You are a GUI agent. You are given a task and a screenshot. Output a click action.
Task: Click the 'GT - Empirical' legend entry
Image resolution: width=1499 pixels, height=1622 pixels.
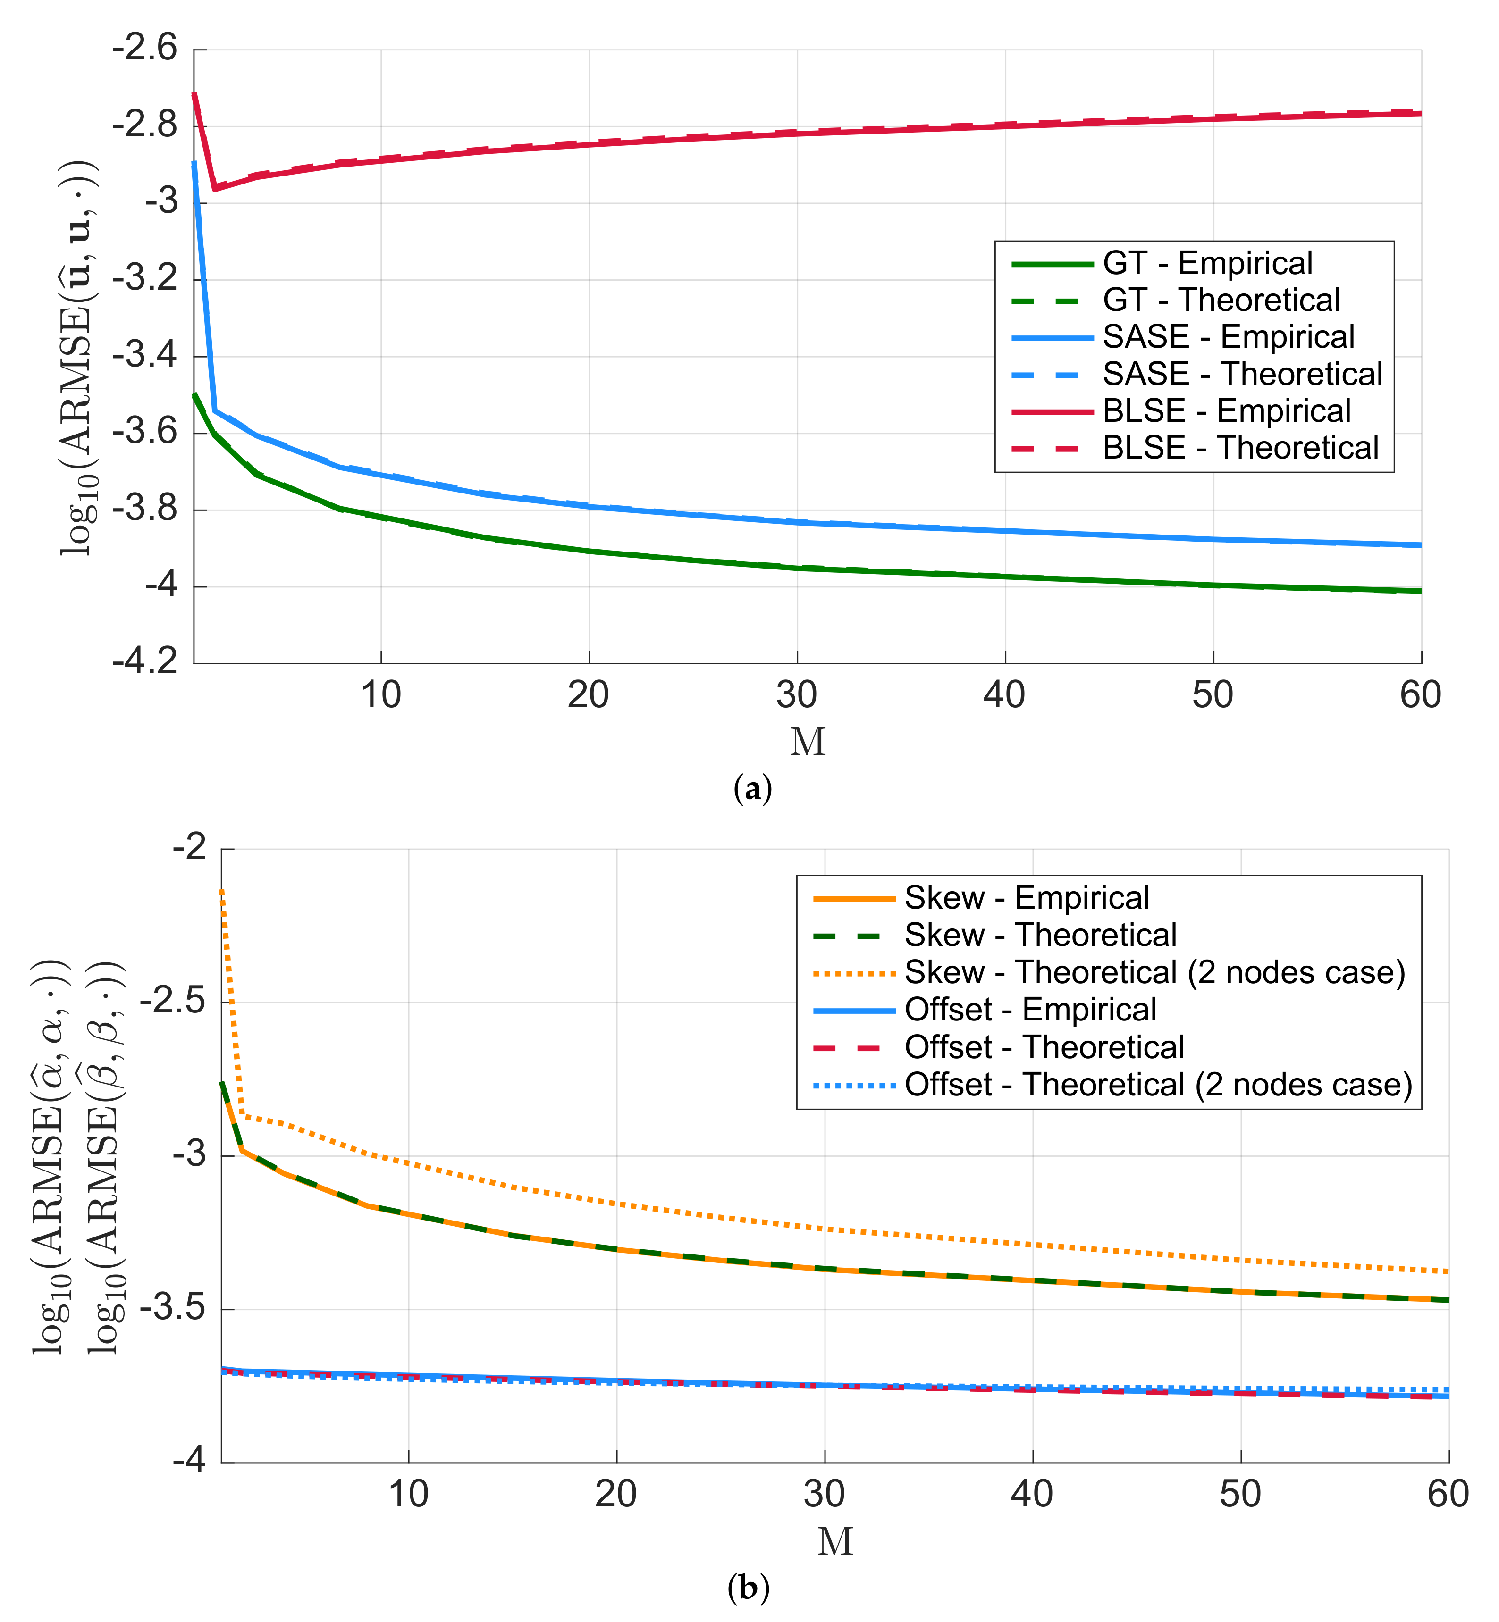coord(1206,264)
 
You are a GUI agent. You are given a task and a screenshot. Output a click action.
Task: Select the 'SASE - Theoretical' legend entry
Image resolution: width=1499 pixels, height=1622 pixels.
coord(1241,374)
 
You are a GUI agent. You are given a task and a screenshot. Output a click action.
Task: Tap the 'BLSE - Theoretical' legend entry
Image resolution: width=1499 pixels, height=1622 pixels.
coord(1239,448)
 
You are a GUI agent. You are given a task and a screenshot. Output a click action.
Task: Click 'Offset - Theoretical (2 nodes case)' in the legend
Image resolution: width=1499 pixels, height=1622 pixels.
coord(1157,1084)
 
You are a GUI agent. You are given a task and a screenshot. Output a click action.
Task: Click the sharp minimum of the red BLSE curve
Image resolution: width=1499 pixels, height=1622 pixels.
coord(215,188)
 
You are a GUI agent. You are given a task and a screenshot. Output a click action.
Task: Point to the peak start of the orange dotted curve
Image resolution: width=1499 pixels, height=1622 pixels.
coord(221,892)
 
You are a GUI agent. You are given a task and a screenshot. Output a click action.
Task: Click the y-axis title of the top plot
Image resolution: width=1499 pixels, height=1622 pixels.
coord(79,357)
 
